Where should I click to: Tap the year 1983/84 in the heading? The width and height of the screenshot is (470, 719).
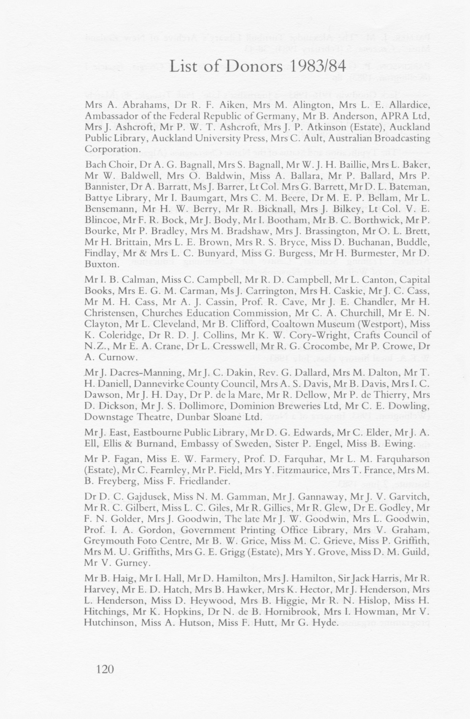pyautogui.click(x=321, y=68)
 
